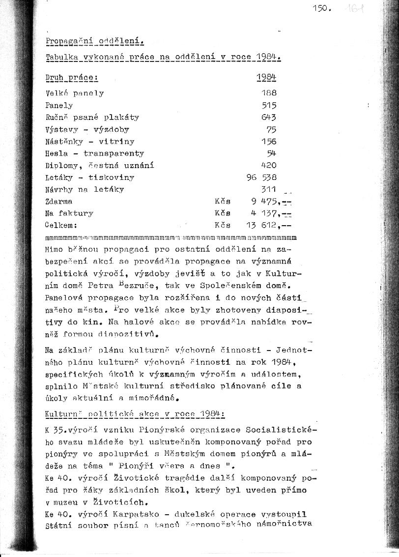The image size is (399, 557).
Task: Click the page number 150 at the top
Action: click(x=322, y=9)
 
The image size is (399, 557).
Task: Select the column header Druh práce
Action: click(x=72, y=78)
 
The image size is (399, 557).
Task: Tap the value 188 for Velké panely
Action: click(x=269, y=93)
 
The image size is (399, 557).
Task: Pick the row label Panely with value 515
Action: click(x=59, y=105)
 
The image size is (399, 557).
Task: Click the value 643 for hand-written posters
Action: click(x=269, y=117)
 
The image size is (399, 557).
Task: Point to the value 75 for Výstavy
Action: click(x=271, y=130)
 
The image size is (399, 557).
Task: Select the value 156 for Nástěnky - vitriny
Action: click(x=269, y=142)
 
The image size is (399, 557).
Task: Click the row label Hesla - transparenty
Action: click(x=94, y=153)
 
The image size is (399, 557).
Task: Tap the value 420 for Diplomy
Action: click(x=269, y=166)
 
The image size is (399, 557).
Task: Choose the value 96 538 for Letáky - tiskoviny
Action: click(x=261, y=177)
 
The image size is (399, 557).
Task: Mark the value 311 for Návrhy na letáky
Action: click(x=269, y=189)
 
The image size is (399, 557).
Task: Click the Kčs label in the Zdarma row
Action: click(x=223, y=201)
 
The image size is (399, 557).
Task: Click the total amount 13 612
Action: click(x=262, y=225)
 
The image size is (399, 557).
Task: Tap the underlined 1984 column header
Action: click(x=266, y=78)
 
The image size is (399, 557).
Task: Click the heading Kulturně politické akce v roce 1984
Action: click(x=135, y=414)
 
